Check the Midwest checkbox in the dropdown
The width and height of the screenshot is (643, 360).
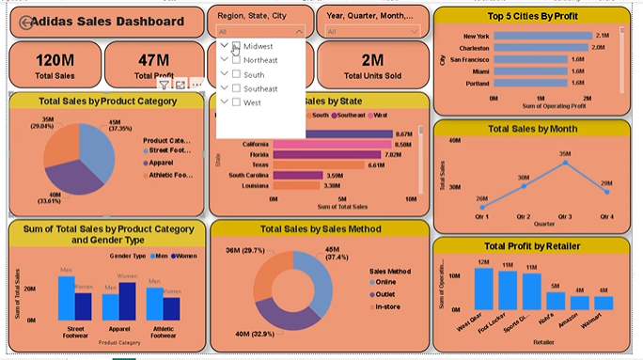[236, 46]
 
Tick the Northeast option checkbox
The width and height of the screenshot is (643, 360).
[236, 60]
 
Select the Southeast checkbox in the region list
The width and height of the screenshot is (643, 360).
[236, 88]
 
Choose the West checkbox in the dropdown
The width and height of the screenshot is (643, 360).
[236, 102]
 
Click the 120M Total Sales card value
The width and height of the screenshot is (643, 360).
[55, 59]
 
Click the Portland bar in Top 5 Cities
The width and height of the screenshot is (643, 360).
[530, 83]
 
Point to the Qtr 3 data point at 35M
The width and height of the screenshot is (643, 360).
[565, 162]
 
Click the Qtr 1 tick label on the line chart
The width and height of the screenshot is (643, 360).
[482, 216]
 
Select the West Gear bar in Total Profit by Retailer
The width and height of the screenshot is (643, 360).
[483, 289]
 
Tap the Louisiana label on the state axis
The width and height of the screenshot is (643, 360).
[253, 186]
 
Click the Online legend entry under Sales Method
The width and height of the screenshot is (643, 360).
[385, 281]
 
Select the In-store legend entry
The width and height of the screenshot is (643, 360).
[387, 305]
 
